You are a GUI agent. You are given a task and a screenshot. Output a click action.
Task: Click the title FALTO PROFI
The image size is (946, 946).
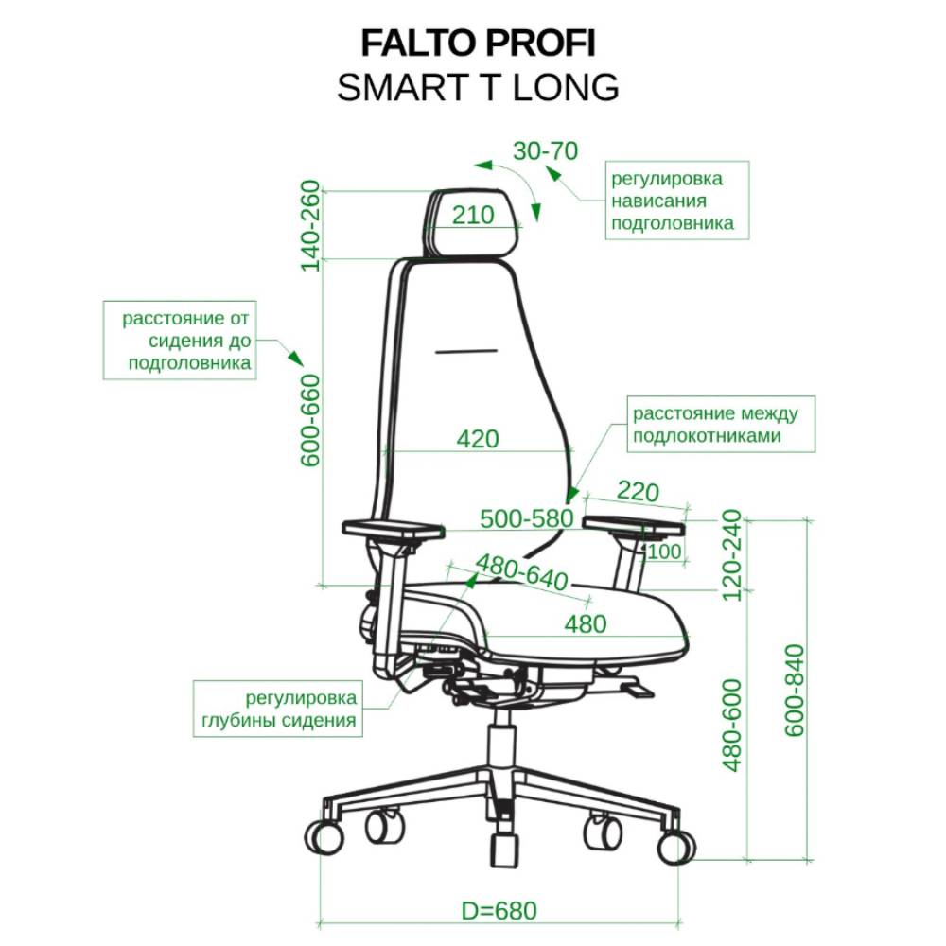click(478, 44)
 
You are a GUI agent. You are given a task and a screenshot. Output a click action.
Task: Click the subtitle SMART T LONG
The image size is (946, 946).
click(478, 87)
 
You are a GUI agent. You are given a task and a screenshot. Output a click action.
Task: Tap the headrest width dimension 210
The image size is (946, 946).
click(473, 215)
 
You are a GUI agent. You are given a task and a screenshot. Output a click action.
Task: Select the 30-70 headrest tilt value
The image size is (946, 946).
click(546, 150)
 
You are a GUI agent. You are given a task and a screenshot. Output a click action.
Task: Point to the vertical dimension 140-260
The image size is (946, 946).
click(310, 226)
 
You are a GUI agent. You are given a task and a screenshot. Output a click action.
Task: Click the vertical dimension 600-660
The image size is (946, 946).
click(310, 420)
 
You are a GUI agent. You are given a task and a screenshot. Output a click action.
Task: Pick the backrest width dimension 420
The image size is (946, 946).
click(478, 439)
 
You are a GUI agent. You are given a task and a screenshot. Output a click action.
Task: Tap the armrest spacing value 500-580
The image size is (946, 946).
click(527, 518)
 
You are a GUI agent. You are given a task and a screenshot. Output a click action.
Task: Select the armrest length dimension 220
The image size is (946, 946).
click(639, 492)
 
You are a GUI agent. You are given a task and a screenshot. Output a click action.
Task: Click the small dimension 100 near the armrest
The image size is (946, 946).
click(664, 551)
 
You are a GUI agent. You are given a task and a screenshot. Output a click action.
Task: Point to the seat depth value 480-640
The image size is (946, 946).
click(522, 572)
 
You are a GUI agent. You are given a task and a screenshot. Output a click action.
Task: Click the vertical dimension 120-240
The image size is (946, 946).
click(731, 555)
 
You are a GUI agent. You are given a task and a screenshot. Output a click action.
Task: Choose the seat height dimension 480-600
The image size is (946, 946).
click(731, 726)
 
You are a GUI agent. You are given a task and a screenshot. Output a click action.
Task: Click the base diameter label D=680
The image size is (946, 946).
click(499, 910)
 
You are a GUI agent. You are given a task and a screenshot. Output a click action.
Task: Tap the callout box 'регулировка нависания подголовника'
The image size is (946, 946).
click(677, 201)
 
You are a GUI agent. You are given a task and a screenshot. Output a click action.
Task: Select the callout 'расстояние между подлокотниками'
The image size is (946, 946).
click(721, 424)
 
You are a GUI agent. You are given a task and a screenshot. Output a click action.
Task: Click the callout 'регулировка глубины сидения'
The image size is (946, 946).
click(277, 709)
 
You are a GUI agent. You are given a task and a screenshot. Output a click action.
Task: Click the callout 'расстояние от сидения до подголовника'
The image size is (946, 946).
click(180, 341)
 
